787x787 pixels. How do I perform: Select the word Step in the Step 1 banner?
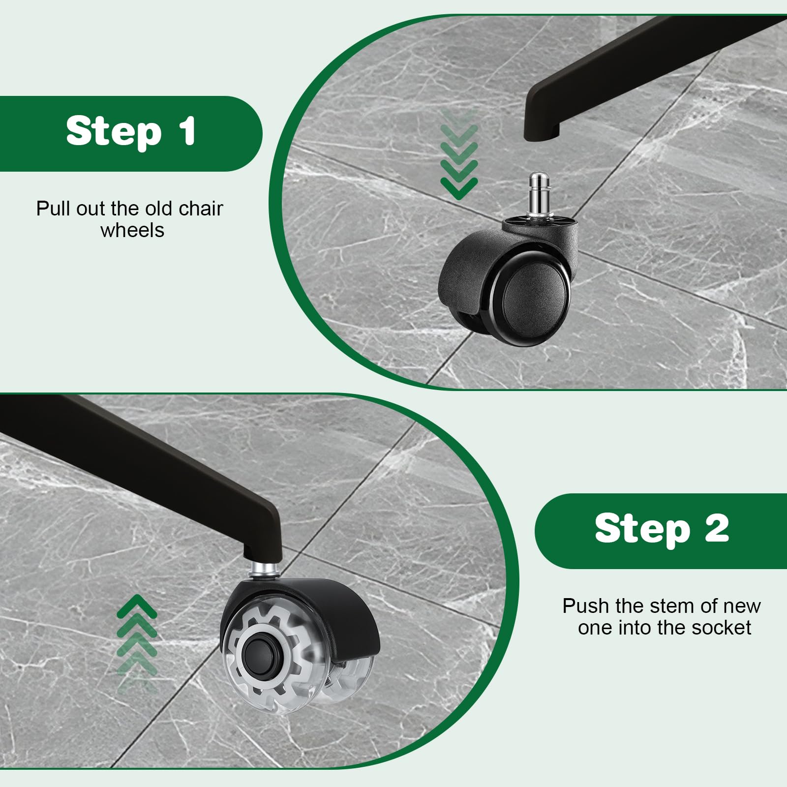pyautogui.click(x=114, y=132)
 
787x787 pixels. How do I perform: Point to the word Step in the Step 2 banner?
pyautogui.click(x=642, y=529)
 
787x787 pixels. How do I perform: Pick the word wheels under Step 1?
pyautogui.click(x=132, y=230)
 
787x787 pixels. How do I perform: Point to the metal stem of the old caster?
pyautogui.click(x=538, y=194)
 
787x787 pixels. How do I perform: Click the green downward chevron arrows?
pyautogui.click(x=459, y=155)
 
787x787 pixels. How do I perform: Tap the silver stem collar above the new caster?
pyautogui.click(x=265, y=571)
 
